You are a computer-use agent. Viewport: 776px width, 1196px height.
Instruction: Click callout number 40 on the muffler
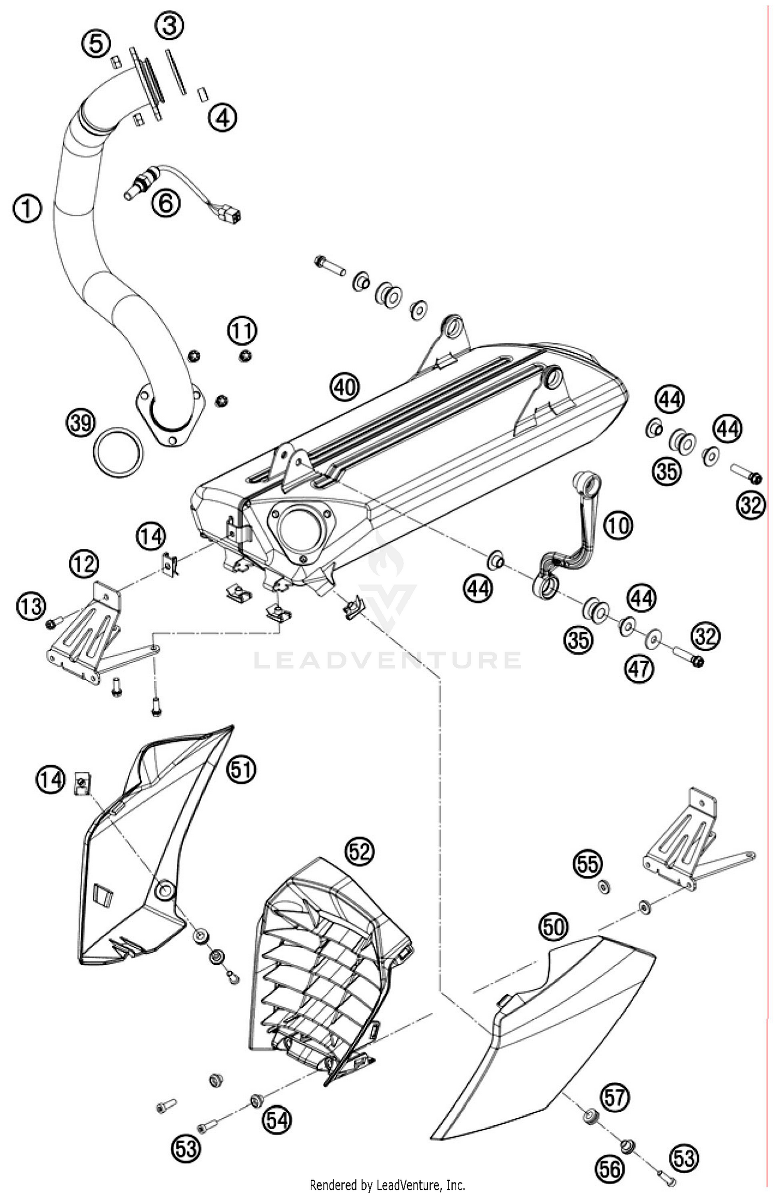(x=345, y=386)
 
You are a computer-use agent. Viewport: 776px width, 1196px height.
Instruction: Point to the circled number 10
(x=618, y=526)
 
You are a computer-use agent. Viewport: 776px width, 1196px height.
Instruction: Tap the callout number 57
(x=615, y=1097)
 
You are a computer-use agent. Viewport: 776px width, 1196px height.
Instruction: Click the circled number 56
(x=610, y=1154)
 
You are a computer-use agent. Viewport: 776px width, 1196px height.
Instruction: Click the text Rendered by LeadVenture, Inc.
(x=387, y=1185)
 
